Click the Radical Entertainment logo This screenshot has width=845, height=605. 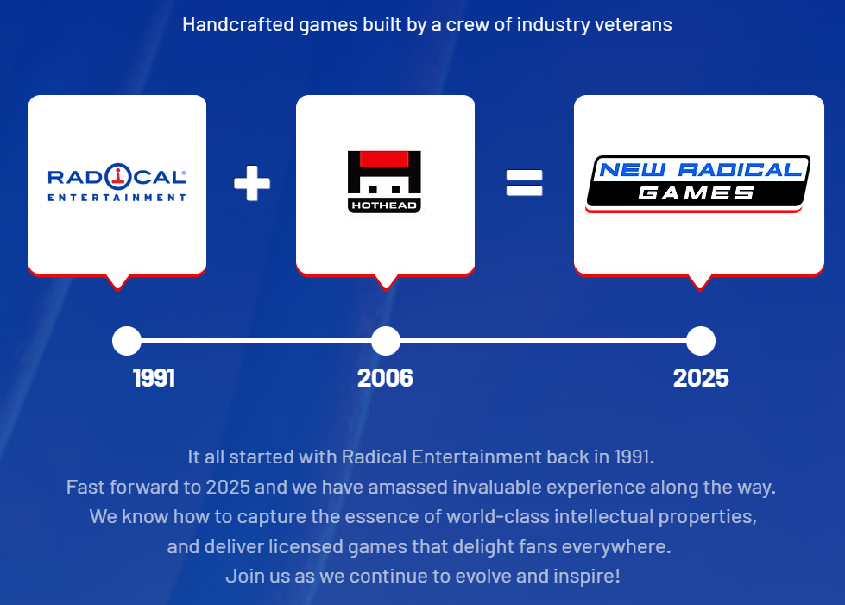click(x=117, y=183)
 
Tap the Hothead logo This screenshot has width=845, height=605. click(x=384, y=181)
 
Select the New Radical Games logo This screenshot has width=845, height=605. click(x=698, y=183)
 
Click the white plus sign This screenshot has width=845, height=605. click(x=252, y=183)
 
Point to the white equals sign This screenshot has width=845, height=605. click(x=525, y=183)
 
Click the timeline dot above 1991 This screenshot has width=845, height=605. click(x=127, y=341)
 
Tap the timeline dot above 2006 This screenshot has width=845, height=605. click(x=386, y=341)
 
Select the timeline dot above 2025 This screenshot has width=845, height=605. click(x=701, y=341)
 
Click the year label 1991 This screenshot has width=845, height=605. click(x=154, y=378)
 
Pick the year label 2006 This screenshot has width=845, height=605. click(x=385, y=378)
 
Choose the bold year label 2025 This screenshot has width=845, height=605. click(x=701, y=378)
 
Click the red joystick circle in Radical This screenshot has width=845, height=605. click(x=118, y=176)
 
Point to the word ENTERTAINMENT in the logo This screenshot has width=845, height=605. click(x=117, y=198)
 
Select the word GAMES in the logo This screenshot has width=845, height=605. click(x=697, y=192)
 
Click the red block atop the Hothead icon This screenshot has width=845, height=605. click(x=384, y=159)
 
